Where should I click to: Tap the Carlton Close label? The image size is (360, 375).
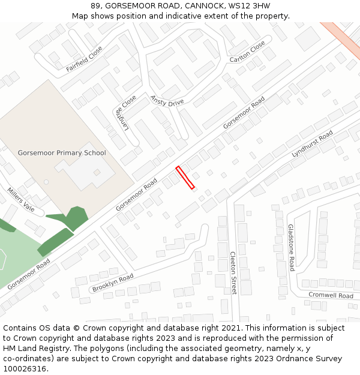click(x=247, y=52)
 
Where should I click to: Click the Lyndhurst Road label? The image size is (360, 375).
click(x=312, y=145)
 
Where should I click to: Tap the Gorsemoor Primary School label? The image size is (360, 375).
click(x=62, y=153)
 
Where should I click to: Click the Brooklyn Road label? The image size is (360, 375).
click(x=113, y=283)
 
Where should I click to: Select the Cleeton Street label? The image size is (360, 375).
click(x=233, y=272)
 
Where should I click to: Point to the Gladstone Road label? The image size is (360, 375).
click(x=291, y=247)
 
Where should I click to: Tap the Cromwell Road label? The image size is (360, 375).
click(x=331, y=295)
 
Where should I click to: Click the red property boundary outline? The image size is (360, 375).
click(x=185, y=178)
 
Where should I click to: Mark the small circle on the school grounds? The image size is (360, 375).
click(x=46, y=182)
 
